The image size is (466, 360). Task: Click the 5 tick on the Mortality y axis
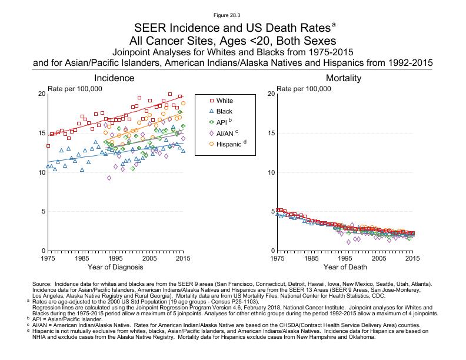(272, 212)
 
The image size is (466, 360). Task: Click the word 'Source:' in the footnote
(42, 284)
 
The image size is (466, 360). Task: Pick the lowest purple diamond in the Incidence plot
(109, 178)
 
